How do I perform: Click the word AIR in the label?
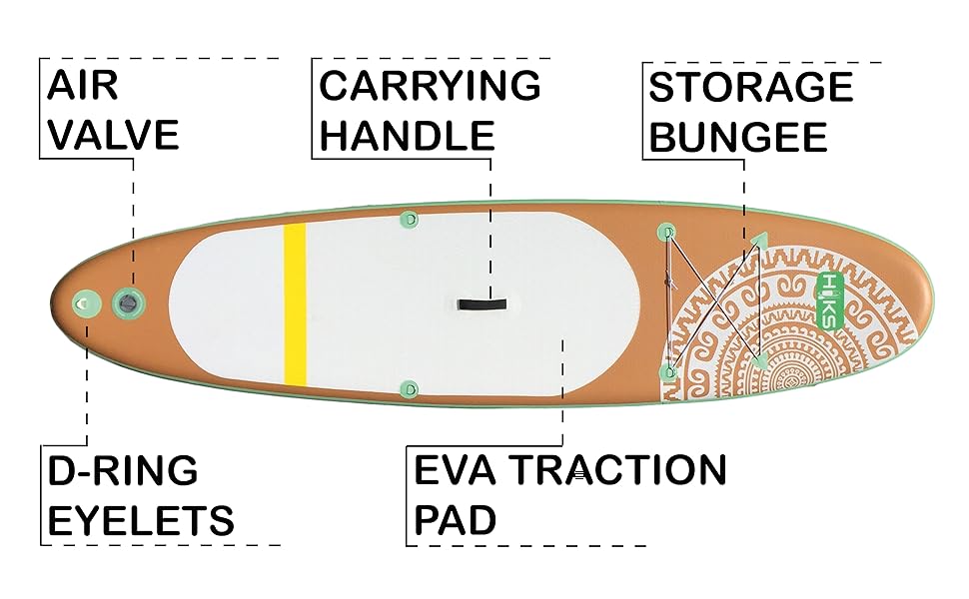[x=82, y=87]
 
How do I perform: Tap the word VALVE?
[x=113, y=134]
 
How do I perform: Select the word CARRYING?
[x=430, y=87]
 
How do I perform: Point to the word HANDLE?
[x=407, y=134]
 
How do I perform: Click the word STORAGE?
[x=751, y=88]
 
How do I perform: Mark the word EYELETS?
[x=141, y=520]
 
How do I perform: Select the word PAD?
[x=456, y=520]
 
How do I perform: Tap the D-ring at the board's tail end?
[x=84, y=300]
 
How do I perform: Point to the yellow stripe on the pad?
[x=295, y=303]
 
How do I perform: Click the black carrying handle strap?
[x=482, y=302]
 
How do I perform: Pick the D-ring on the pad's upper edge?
[x=408, y=218]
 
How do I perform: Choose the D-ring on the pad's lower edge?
[x=408, y=387]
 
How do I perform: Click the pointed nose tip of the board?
[x=931, y=298]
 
